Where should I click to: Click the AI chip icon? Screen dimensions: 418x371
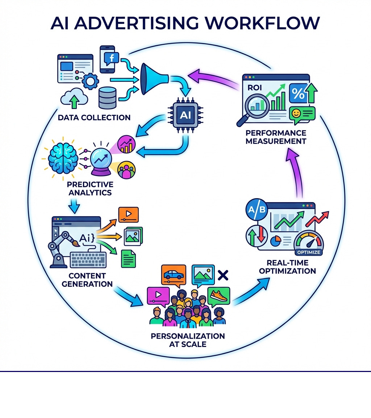click(183, 114)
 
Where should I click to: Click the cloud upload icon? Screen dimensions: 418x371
click(74, 98)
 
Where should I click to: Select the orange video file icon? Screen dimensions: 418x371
click(128, 214)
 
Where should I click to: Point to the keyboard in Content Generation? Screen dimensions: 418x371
click(88, 260)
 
